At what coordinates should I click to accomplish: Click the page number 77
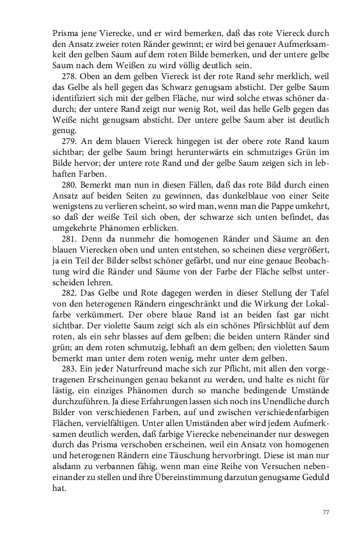coord(326,512)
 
